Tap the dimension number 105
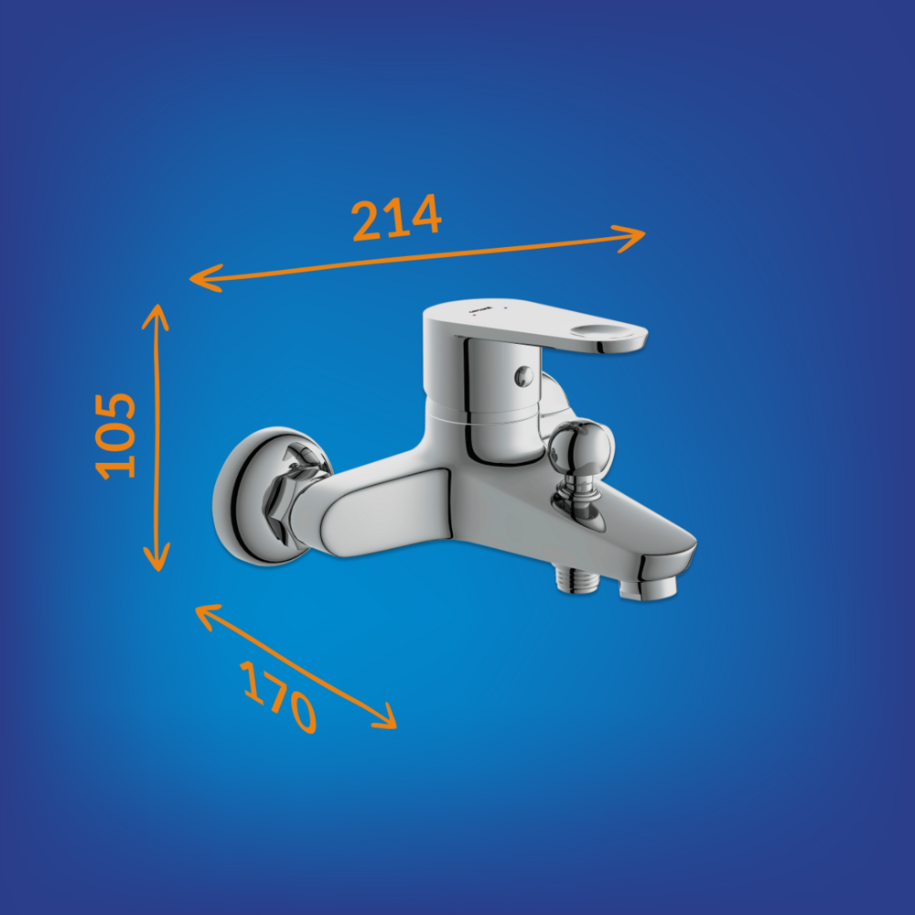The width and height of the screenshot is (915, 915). click(x=115, y=436)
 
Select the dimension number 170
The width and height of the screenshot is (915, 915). click(x=279, y=697)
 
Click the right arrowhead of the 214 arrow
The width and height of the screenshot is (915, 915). click(x=630, y=237)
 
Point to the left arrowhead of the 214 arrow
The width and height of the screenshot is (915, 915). click(x=205, y=278)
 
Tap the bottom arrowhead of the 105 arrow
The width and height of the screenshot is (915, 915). click(x=156, y=556)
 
